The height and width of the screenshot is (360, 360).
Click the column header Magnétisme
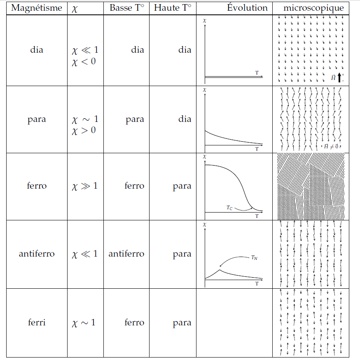pyautogui.click(x=37, y=8)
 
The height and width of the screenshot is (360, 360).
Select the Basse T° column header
pyautogui.click(x=126, y=8)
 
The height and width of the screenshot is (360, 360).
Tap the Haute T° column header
pyautogui.click(x=173, y=8)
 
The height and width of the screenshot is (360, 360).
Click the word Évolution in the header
pyautogui.click(x=247, y=8)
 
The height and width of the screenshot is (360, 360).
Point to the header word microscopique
pyautogui.click(x=313, y=8)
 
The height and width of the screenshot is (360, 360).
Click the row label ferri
pyautogui.click(x=37, y=322)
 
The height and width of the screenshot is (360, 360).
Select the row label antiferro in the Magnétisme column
pyautogui.click(x=37, y=254)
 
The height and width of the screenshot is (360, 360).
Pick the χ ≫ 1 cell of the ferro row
pyautogui.click(x=85, y=186)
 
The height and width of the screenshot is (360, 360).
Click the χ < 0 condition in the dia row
pyautogui.click(x=84, y=63)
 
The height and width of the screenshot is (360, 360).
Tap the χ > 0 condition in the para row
pyautogui.click(x=84, y=131)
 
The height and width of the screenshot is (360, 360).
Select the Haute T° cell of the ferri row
pyautogui.click(x=182, y=323)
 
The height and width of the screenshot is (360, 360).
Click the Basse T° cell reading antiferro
pyautogui.click(x=126, y=254)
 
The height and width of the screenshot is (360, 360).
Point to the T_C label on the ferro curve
pyautogui.click(x=229, y=208)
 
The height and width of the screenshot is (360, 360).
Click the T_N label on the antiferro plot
pyautogui.click(x=254, y=258)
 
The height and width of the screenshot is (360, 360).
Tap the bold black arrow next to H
pyautogui.click(x=339, y=77)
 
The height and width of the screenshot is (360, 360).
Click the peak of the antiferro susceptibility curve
pyautogui.click(x=220, y=270)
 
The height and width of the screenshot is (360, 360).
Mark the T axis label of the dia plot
pyautogui.click(x=257, y=72)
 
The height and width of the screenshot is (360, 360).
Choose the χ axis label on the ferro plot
pyautogui.click(x=204, y=157)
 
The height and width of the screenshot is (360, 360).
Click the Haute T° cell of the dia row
pyautogui.click(x=185, y=50)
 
